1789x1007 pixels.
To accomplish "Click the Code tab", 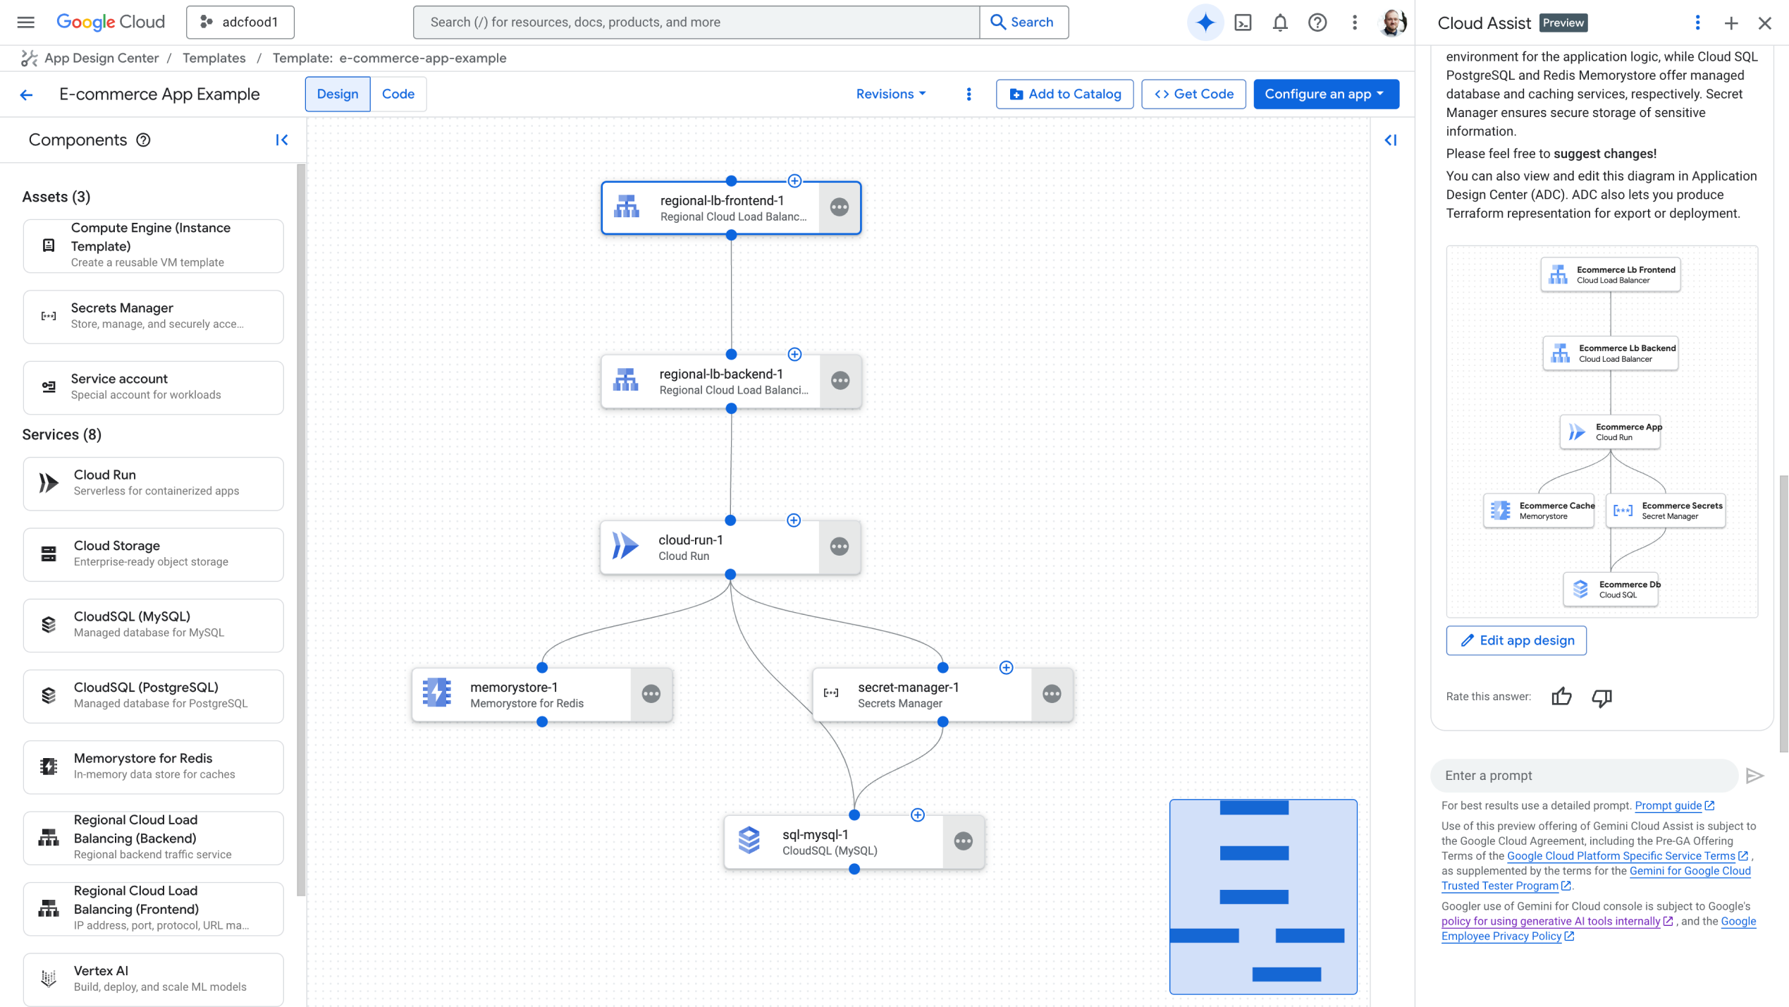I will click(x=398, y=94).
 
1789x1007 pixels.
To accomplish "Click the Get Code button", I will click(x=1193, y=94).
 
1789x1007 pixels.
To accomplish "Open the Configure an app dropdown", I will click(x=1325, y=94).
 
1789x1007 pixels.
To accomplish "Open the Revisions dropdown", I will click(x=890, y=94).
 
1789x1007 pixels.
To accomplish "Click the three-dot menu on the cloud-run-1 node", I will click(x=839, y=547).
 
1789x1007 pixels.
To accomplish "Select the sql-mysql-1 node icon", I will click(x=749, y=841).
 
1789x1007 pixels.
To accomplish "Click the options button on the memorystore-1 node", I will click(x=651, y=694).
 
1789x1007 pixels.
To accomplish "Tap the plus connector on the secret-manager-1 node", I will click(x=1006, y=667).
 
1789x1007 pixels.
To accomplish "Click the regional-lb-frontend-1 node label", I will click(x=721, y=201).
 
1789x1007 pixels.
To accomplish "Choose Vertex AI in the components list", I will click(x=153, y=978).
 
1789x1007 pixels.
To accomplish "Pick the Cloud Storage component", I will click(x=153, y=554).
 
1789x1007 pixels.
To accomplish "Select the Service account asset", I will click(x=153, y=386).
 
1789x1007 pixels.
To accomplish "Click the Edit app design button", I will click(x=1516, y=640).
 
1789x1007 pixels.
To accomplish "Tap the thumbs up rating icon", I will click(x=1561, y=697).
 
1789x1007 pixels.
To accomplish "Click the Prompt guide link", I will click(x=1668, y=805).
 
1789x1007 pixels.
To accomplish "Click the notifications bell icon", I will click(x=1279, y=23).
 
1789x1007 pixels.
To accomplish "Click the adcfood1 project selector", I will click(x=240, y=23).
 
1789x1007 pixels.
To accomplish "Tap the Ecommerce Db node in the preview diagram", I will click(x=1611, y=589).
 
